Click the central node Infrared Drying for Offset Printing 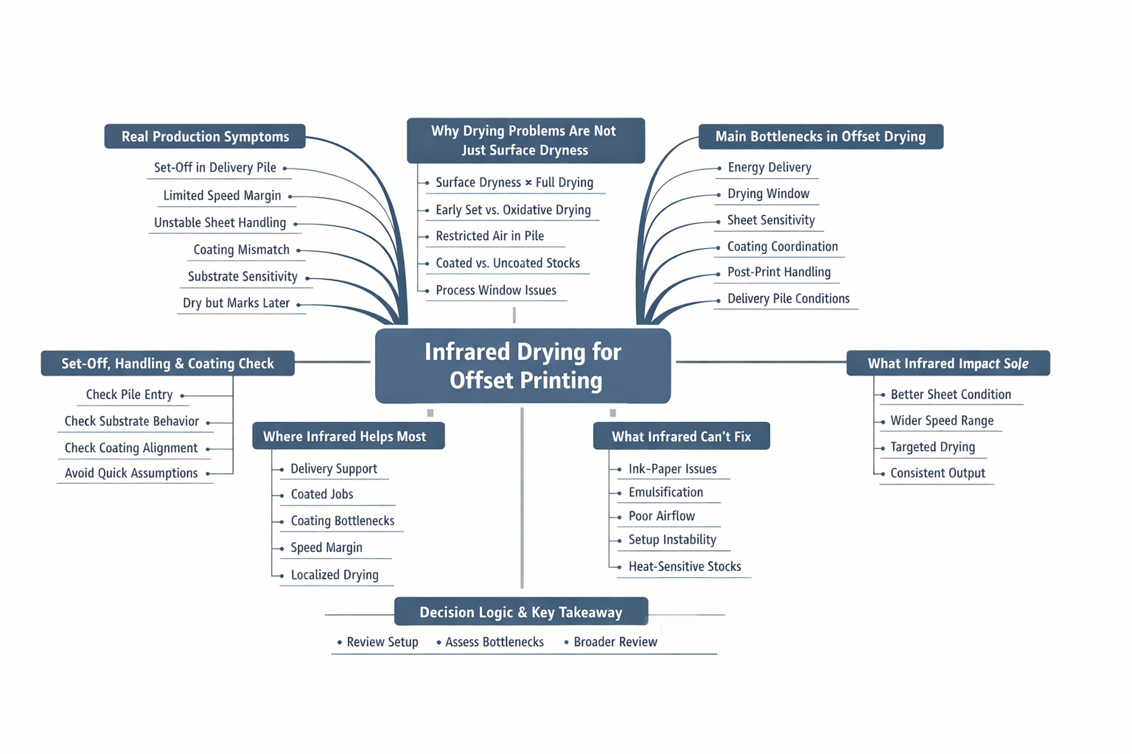[x=523, y=366]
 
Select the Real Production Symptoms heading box [x=205, y=136]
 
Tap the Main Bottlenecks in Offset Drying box [x=820, y=136]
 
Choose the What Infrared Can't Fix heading [x=681, y=437]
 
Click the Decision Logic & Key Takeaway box [x=521, y=612]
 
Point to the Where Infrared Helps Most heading [x=345, y=437]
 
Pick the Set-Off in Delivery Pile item [x=215, y=167]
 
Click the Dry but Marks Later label [x=236, y=303]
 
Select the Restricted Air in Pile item [x=489, y=236]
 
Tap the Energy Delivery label [x=769, y=167]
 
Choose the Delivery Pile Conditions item [x=788, y=298]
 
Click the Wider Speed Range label [x=942, y=420]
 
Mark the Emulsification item [x=665, y=492]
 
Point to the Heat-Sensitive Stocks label [x=685, y=566]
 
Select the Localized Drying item [x=335, y=574]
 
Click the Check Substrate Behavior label [x=132, y=421]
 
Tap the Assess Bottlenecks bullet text [x=495, y=642]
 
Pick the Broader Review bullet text [x=615, y=642]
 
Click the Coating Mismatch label [x=241, y=250]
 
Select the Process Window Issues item [x=496, y=290]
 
